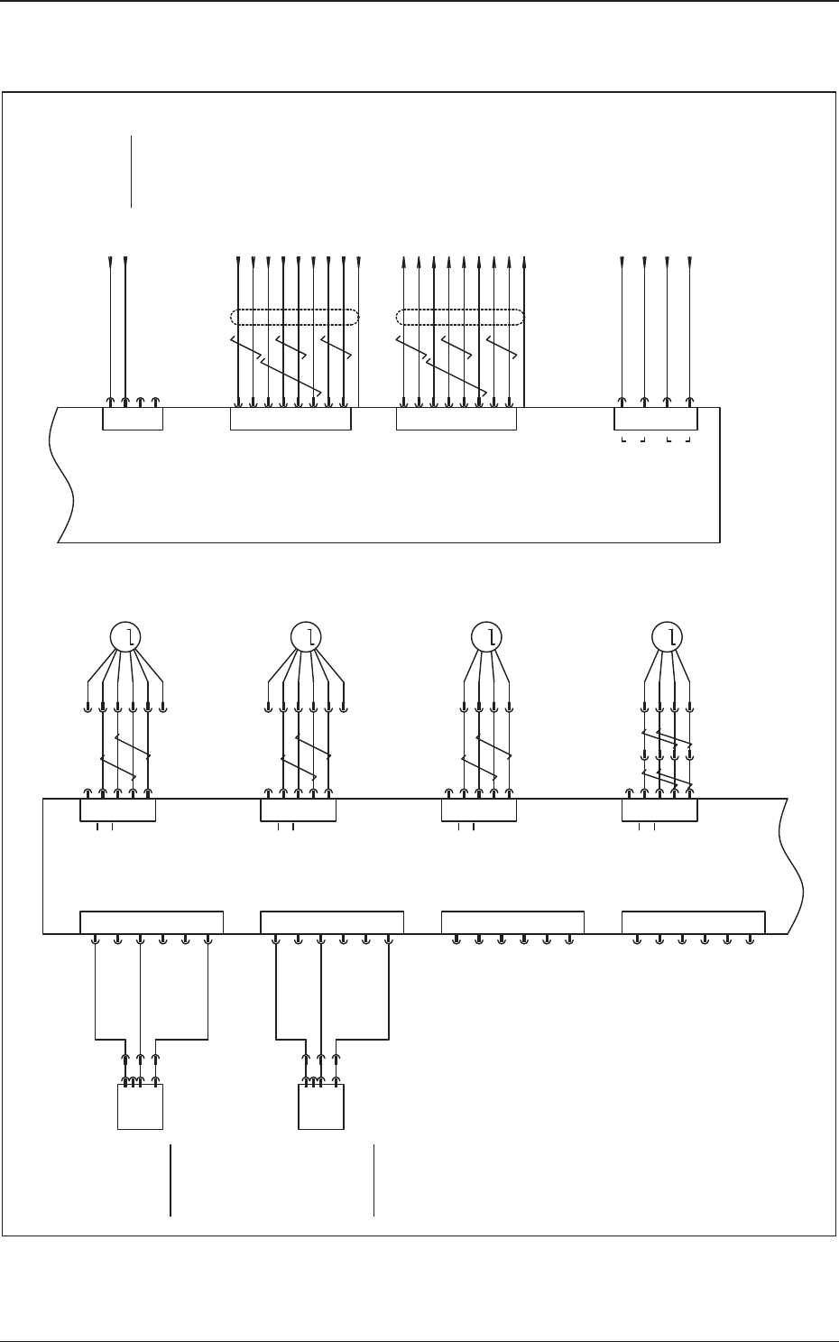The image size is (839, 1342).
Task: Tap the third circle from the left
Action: click(x=490, y=637)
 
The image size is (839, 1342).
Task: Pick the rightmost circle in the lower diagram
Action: click(x=669, y=637)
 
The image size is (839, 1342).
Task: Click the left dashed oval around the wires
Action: click(x=295, y=317)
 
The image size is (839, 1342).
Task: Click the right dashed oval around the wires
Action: click(x=461, y=317)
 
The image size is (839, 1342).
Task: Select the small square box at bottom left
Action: click(x=140, y=1106)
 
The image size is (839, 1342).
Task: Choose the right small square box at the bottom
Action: click(x=321, y=1106)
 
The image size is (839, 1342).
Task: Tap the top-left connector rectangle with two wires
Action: click(x=132, y=419)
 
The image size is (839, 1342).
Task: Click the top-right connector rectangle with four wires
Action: click(x=656, y=419)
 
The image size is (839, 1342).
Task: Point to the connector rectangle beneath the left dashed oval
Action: click(x=290, y=419)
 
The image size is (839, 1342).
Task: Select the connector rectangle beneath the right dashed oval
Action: click(x=456, y=419)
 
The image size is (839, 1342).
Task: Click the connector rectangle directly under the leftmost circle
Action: click(x=117, y=810)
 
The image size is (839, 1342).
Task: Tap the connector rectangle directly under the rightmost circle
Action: click(x=659, y=810)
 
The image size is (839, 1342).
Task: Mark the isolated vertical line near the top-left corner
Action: click(x=132, y=171)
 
